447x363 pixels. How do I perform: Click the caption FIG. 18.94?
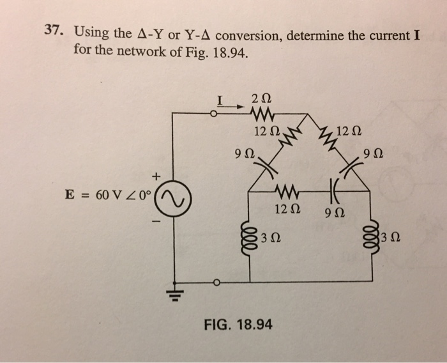pos(238,325)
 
